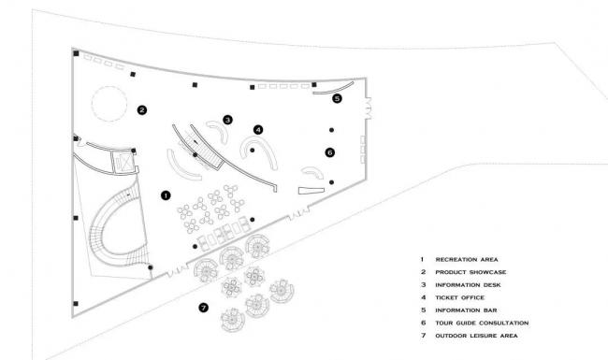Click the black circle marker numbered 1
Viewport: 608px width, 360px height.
tap(166, 195)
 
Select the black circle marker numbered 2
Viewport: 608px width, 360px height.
tap(142, 110)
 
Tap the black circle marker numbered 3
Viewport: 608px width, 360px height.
tap(227, 120)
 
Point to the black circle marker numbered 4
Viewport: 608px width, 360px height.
tap(258, 130)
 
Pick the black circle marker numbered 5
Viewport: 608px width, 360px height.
tap(338, 98)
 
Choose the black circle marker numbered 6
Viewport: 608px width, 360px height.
tap(330, 152)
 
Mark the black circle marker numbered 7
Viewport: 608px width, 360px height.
tap(204, 308)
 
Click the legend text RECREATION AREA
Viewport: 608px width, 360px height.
tap(467, 260)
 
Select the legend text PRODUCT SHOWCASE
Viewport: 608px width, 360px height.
tap(470, 272)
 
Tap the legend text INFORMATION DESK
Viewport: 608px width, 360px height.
tap(468, 285)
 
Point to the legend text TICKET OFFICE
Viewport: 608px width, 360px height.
tap(460, 297)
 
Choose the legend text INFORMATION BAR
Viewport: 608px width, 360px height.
tap(466, 310)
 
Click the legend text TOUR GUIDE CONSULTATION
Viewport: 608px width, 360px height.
tap(482, 323)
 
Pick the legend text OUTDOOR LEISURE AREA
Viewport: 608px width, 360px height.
tap(476, 336)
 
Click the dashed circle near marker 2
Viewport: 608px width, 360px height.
tap(109, 86)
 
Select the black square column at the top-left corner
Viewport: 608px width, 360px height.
tap(76, 53)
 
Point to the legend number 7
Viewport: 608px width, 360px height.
tap(424, 336)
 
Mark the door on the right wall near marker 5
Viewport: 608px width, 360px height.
tap(368, 108)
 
